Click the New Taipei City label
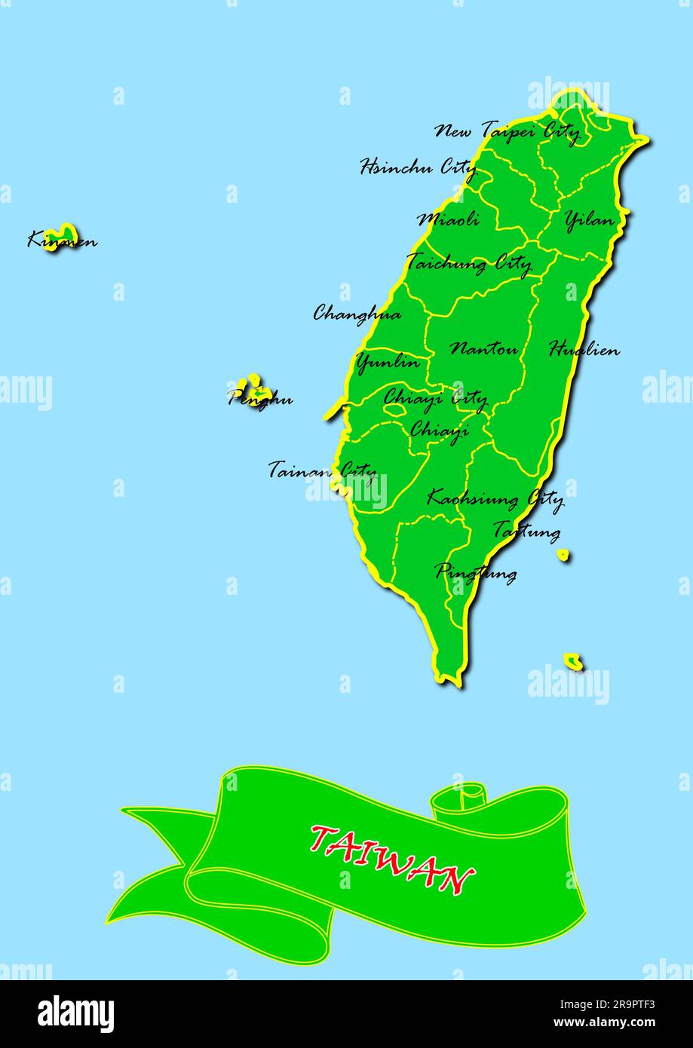[x=507, y=131]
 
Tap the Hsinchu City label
[x=418, y=167]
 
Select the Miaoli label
[x=449, y=219]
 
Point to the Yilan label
[x=589, y=220]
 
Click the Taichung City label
[x=468, y=263]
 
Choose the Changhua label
[x=357, y=313]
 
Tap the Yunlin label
[x=388, y=363]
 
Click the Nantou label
[x=484, y=349]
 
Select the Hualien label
[x=584, y=350]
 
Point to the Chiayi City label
[x=435, y=397]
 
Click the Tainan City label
[x=322, y=470]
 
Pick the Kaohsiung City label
[x=495, y=498]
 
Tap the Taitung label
[x=526, y=531]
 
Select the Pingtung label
[x=476, y=572]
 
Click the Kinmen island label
[x=62, y=241]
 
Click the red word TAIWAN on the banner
[x=391, y=859]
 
